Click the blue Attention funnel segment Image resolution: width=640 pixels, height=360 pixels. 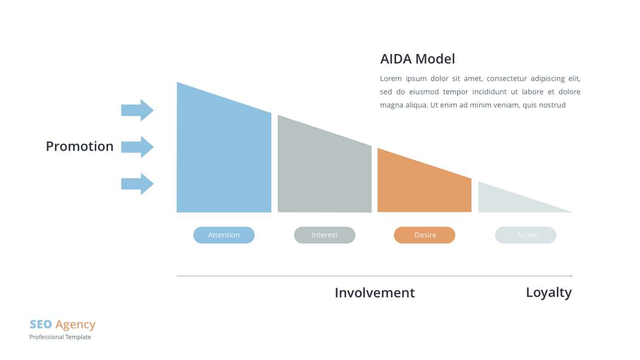(x=224, y=158)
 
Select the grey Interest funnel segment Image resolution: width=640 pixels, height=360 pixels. (x=324, y=171)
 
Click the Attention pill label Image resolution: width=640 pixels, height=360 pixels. (x=224, y=235)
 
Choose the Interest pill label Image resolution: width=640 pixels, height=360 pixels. (x=325, y=235)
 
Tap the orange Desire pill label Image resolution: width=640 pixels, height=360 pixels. (x=425, y=235)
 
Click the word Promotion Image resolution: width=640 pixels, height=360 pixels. (x=80, y=146)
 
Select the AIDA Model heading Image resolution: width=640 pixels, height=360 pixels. (x=417, y=59)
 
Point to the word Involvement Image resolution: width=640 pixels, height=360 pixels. (x=375, y=293)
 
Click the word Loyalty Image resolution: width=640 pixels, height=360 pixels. (x=549, y=293)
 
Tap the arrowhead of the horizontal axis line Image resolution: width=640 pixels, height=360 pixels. (x=571, y=276)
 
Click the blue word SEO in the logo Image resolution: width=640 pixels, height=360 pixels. (x=41, y=325)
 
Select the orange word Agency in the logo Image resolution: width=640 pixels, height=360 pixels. (x=76, y=325)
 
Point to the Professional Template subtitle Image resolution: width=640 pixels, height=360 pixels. (x=60, y=337)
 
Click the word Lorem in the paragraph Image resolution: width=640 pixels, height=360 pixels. (x=391, y=78)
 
